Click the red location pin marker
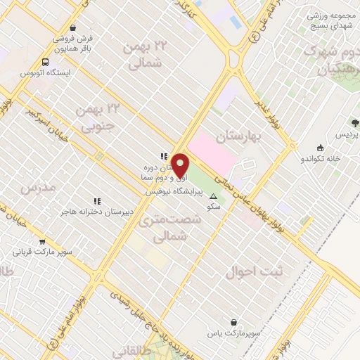(x=180, y=165)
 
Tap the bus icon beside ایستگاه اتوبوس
(x=46, y=61)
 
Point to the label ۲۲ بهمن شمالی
(x=146, y=54)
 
